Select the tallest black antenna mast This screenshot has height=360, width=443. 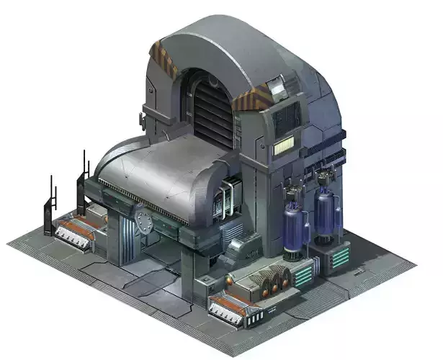[x=85, y=168]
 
